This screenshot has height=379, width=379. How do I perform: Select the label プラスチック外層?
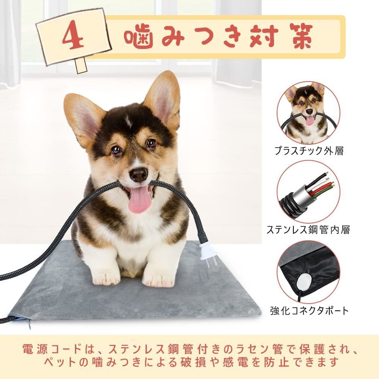point(309,151)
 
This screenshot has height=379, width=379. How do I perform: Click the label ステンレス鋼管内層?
point(308,229)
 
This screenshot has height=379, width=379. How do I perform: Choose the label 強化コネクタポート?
point(309,311)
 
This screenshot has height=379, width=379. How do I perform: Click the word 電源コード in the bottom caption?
point(52,349)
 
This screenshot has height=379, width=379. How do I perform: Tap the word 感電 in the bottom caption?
point(236,362)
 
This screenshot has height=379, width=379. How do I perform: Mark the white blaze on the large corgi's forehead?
point(128,122)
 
